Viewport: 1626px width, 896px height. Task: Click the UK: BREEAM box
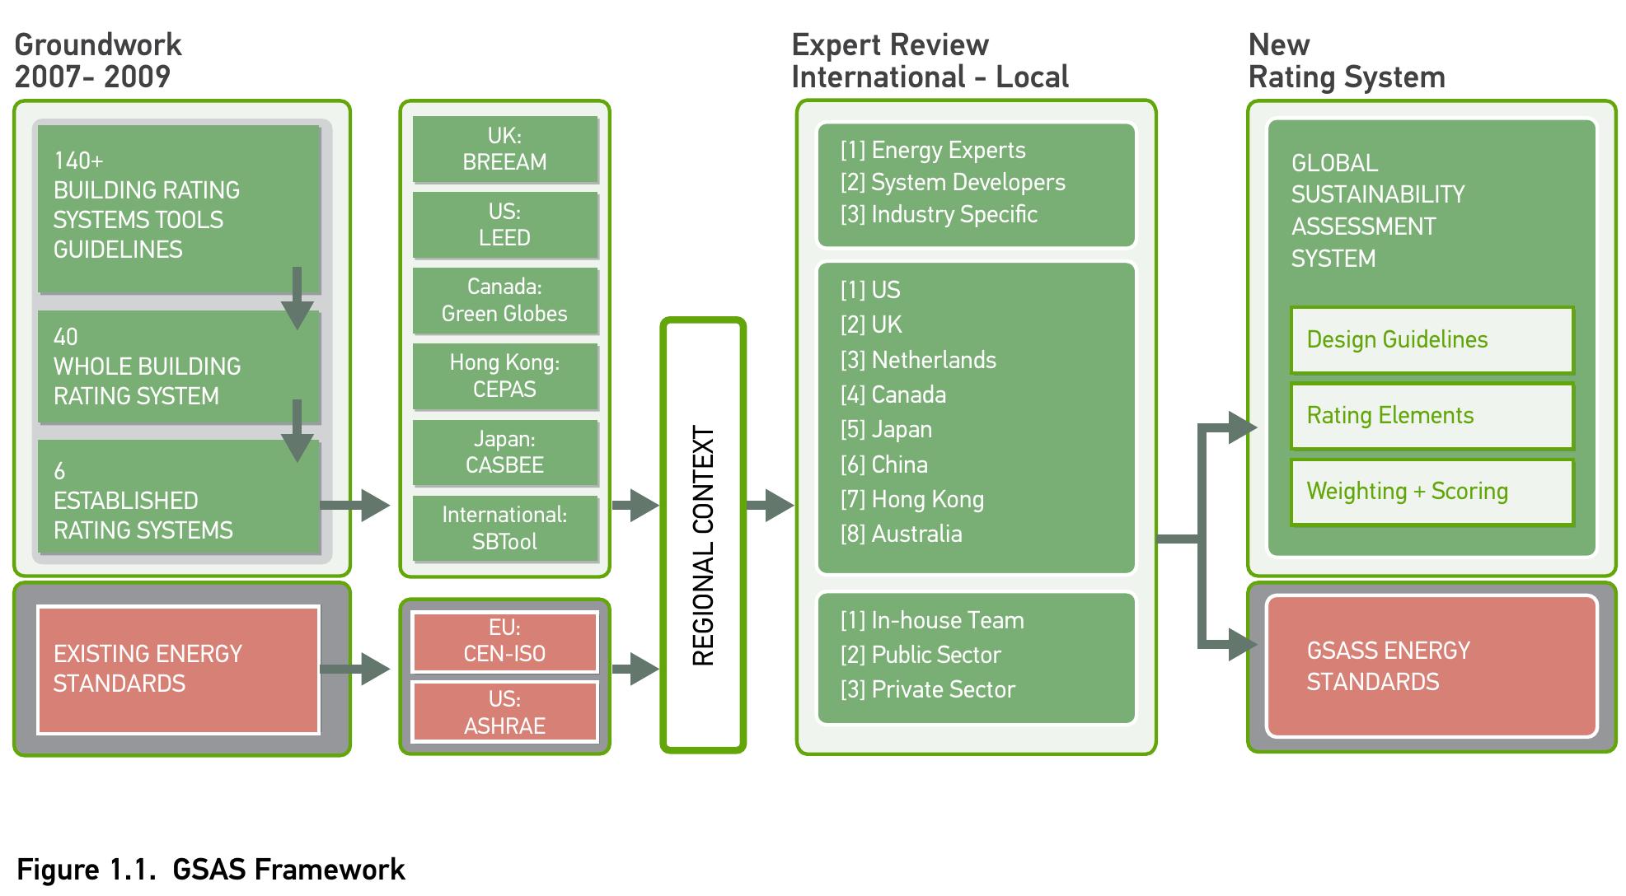click(504, 149)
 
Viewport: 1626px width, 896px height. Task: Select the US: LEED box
click(504, 225)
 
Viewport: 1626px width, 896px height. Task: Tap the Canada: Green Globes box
click(504, 301)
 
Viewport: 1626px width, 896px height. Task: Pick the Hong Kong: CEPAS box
click(504, 376)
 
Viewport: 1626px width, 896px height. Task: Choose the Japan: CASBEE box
click(504, 452)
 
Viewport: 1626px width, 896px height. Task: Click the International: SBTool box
click(504, 528)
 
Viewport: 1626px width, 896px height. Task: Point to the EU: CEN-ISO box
click(504, 641)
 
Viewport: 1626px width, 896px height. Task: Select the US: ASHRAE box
click(504, 712)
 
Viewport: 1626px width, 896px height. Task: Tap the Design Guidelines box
click(1432, 340)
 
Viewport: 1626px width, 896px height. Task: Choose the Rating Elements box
click(1432, 416)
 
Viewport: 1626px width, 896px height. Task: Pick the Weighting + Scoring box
click(1432, 492)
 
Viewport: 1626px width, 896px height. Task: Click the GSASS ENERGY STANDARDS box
click(1432, 666)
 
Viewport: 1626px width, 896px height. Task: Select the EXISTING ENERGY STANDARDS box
click(178, 670)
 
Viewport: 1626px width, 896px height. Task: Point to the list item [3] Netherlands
click(918, 360)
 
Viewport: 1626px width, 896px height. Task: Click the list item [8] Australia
click(901, 534)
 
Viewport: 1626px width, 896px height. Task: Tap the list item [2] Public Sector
click(921, 655)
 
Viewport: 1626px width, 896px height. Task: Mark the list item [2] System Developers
click(953, 182)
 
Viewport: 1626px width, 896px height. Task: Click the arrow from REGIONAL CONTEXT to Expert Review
click(769, 505)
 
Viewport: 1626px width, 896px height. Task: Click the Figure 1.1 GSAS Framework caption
click(211, 870)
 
